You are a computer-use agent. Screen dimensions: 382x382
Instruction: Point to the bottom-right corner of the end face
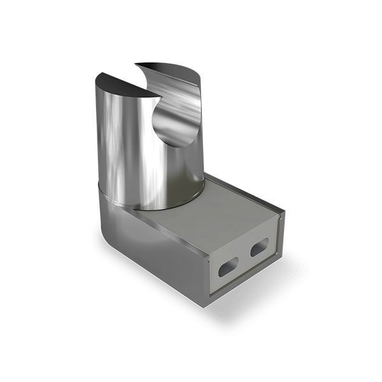click(276, 260)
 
